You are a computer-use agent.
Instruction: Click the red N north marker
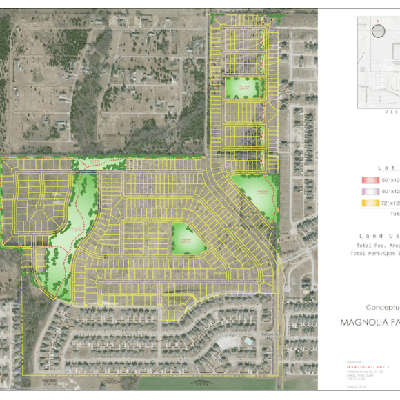coord(378,21)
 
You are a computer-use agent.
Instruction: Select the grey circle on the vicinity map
coord(378,31)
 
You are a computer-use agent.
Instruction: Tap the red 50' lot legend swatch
coord(367,179)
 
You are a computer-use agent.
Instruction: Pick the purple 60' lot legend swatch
coord(367,191)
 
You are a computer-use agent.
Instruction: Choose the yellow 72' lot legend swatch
coord(367,203)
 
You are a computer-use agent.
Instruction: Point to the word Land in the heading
coord(370,236)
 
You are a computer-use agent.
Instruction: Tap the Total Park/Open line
coord(375,254)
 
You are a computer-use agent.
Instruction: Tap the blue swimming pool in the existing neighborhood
coord(246,341)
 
